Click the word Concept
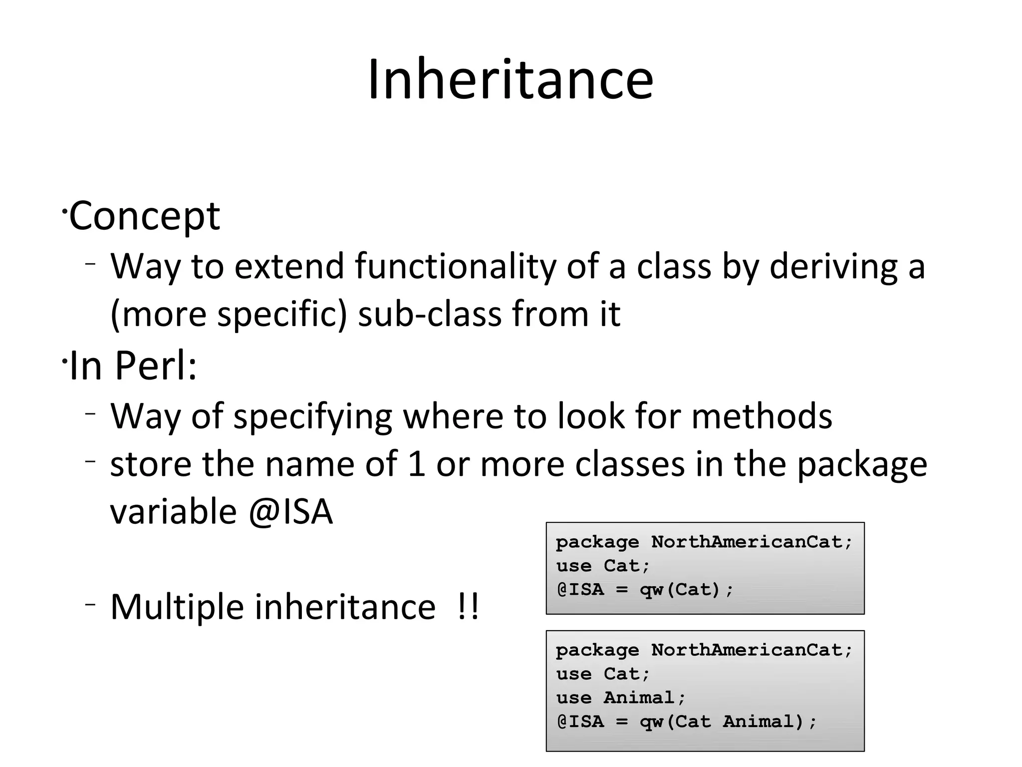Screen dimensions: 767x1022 click(x=144, y=216)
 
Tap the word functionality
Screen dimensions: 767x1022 click(x=455, y=266)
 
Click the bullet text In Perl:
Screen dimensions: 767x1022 click(x=133, y=366)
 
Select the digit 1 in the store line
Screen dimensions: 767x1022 click(x=416, y=464)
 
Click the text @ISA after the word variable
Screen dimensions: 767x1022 click(x=290, y=512)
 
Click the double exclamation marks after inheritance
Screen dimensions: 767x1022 click(x=468, y=607)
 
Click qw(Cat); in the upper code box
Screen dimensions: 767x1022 click(x=687, y=590)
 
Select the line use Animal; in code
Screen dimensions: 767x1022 click(x=621, y=698)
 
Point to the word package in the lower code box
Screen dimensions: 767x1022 click(x=597, y=650)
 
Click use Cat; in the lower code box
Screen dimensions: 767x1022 click(x=603, y=674)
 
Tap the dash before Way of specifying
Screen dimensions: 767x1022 click(x=90, y=414)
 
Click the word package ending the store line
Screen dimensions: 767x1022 click(x=861, y=465)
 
